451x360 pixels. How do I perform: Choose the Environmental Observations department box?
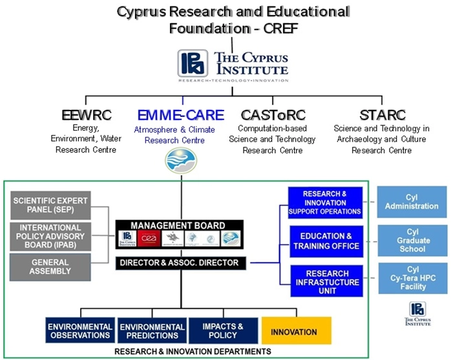[x=79, y=331]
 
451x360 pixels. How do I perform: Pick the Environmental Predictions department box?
[x=151, y=331]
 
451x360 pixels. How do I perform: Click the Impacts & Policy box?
[x=222, y=331]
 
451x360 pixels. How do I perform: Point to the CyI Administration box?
[x=412, y=202]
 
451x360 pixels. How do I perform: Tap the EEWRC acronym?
[x=86, y=116]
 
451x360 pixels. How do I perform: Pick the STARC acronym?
[x=381, y=116]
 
